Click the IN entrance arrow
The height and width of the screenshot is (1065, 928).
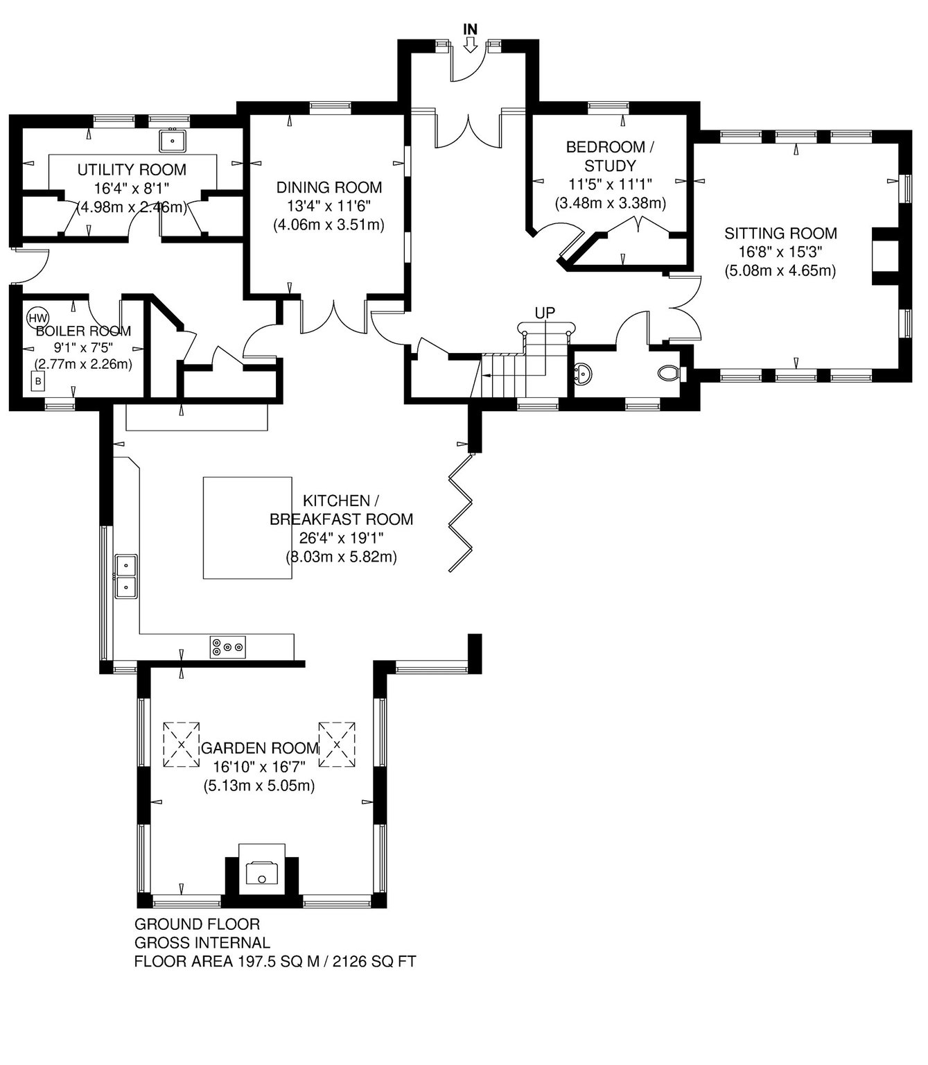(471, 46)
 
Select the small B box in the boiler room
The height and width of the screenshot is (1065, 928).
(37, 381)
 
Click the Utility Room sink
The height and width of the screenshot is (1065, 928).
(172, 139)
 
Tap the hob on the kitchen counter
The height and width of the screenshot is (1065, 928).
(228, 647)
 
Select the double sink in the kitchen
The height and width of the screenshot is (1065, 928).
(126, 575)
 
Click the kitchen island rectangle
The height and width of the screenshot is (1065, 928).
(247, 527)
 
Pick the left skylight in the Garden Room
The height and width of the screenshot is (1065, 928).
(182, 744)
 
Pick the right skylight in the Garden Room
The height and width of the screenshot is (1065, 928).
(337, 744)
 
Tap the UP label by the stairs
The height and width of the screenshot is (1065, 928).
(545, 312)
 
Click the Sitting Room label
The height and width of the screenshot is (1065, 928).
(780, 233)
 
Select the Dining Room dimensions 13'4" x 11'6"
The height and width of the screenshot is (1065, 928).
(329, 206)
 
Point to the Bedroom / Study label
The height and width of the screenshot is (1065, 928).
(610, 156)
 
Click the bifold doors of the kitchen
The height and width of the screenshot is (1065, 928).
(461, 512)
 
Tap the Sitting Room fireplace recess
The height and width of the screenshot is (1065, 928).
(885, 256)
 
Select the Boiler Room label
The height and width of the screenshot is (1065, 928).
(83, 331)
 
